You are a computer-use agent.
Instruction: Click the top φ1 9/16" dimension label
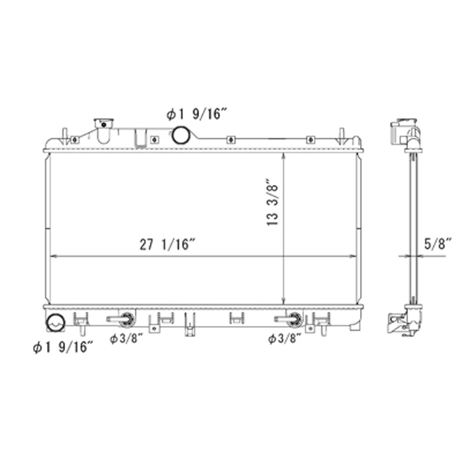pyautogui.click(x=196, y=115)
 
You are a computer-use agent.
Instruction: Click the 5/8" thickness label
pyautogui.click(x=437, y=244)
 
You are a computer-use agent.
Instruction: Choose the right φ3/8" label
pyautogui.click(x=285, y=339)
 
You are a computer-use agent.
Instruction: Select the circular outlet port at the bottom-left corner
pyautogui.click(x=55, y=323)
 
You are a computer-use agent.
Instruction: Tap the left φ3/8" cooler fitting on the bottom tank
pyautogui.click(x=126, y=318)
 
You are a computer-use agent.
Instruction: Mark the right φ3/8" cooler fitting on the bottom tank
pyautogui.click(x=294, y=318)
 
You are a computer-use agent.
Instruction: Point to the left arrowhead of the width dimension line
pyautogui.click(x=53, y=257)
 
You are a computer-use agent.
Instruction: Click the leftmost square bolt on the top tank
pyautogui.click(x=74, y=140)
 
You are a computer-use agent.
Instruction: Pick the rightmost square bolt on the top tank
pyautogui.click(x=310, y=140)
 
